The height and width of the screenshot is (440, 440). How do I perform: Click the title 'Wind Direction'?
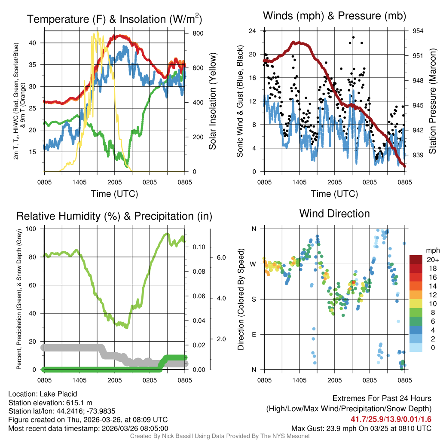(334, 214)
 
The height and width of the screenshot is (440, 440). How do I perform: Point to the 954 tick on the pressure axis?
(418, 31)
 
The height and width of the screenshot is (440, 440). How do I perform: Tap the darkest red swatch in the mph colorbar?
(416, 260)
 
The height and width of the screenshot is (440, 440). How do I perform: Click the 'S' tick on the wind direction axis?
(254, 299)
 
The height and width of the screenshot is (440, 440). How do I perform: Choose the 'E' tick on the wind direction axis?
(254, 334)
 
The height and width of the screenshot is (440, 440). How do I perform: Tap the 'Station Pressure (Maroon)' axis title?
(433, 101)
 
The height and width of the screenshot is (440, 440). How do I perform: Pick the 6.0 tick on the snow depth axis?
(220, 257)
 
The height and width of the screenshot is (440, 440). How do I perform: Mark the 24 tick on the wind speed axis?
(253, 31)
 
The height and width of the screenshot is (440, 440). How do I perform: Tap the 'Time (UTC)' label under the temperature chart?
(114, 194)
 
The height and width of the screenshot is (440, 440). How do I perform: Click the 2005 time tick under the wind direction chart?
(334, 380)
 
